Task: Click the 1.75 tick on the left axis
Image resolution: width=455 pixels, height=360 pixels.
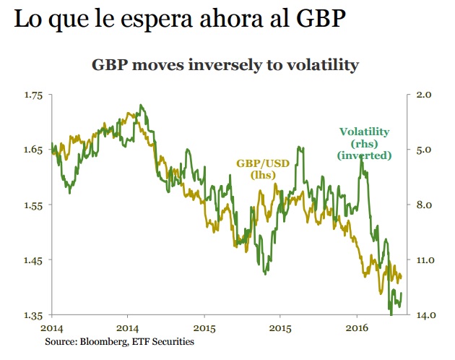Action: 33,95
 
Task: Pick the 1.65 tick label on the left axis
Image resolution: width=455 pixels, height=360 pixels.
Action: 33,150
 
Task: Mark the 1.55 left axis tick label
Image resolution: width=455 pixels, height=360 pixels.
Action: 33,205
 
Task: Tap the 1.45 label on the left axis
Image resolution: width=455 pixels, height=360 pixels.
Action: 33,260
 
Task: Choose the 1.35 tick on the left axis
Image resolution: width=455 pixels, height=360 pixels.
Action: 33,315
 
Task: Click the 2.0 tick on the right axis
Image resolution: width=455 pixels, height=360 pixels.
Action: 424,95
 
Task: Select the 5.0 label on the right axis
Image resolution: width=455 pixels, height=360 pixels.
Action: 424,150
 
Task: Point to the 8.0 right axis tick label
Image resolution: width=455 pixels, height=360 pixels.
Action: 424,205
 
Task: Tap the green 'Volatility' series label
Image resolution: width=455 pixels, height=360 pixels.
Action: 365,132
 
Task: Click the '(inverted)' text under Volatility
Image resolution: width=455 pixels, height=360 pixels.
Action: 365,155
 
